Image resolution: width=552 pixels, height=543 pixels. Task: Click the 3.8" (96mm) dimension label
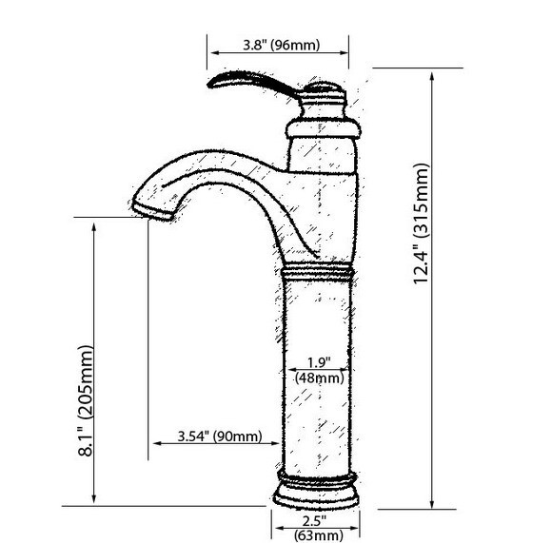tap(282, 45)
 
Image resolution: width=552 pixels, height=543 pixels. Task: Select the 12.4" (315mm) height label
tap(422, 223)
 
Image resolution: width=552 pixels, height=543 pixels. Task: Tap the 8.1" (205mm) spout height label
tap(86, 401)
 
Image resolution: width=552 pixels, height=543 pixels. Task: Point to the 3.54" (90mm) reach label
tap(220, 436)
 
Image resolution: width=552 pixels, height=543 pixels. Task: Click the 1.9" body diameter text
tap(319, 362)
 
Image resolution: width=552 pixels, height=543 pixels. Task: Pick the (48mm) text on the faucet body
tap(319, 378)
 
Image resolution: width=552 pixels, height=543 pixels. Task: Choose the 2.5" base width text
tap(314, 520)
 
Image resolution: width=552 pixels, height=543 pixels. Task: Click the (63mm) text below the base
tap(319, 535)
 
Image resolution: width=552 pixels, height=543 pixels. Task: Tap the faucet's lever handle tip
tap(210, 84)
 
